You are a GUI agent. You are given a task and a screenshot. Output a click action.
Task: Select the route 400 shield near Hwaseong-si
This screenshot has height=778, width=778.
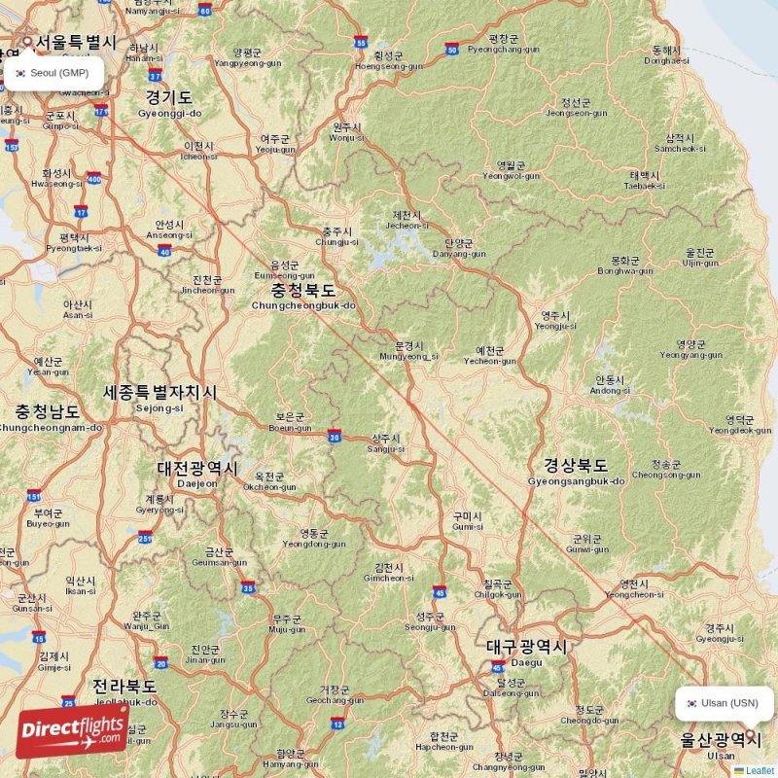pos(94,178)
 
